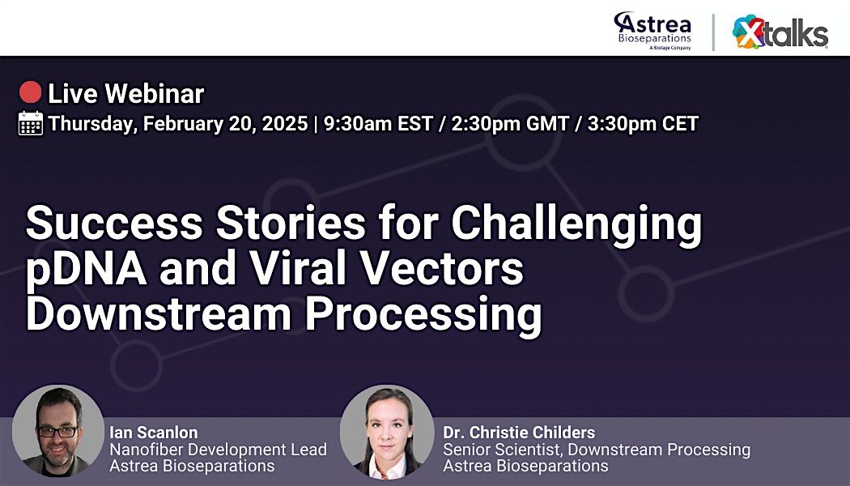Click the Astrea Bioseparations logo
(x=652, y=30)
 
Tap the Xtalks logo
(x=780, y=32)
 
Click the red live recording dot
(x=30, y=93)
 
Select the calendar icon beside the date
(x=31, y=123)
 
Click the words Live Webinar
(x=125, y=94)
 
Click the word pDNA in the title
(x=86, y=270)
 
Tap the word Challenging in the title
(x=576, y=224)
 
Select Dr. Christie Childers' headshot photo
(x=386, y=432)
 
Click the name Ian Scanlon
(x=154, y=433)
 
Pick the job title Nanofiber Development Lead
(x=218, y=450)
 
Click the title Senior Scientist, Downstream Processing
(x=596, y=450)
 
